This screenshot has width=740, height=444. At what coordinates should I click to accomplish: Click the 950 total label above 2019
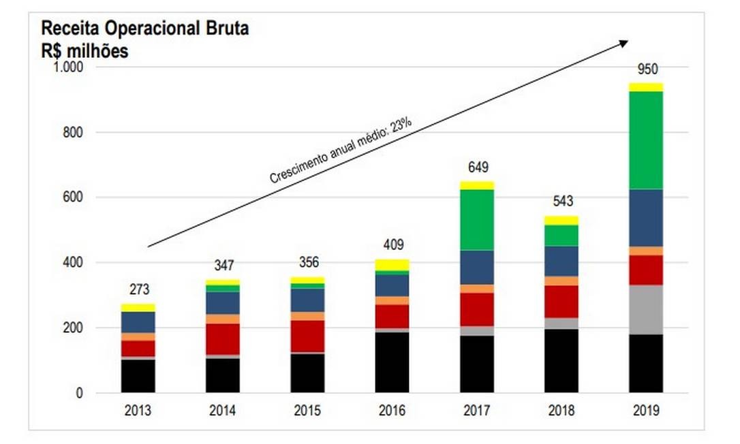click(x=647, y=69)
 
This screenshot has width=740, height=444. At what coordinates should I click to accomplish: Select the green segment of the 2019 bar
click(x=646, y=140)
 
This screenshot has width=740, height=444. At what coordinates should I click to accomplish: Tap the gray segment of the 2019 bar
click(x=646, y=309)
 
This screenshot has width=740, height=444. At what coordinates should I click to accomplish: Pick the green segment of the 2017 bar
click(x=476, y=219)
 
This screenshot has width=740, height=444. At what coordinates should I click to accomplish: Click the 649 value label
click(x=478, y=168)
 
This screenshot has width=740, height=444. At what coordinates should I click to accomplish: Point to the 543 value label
click(x=562, y=202)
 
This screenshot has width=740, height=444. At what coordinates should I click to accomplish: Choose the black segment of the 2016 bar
click(x=392, y=362)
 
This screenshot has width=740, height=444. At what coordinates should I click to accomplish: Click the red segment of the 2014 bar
click(x=223, y=338)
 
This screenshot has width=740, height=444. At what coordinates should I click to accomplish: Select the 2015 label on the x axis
click(x=307, y=411)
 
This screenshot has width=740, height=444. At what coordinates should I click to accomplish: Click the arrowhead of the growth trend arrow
click(x=623, y=43)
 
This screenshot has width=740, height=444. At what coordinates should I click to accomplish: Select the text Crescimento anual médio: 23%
click(x=341, y=150)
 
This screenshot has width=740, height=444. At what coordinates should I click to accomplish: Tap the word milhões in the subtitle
click(x=97, y=51)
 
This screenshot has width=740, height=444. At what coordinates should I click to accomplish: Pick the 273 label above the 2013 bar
click(x=139, y=290)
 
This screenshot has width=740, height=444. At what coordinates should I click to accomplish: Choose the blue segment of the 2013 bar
click(x=138, y=322)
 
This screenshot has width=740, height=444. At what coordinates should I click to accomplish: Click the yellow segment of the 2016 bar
click(x=392, y=265)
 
